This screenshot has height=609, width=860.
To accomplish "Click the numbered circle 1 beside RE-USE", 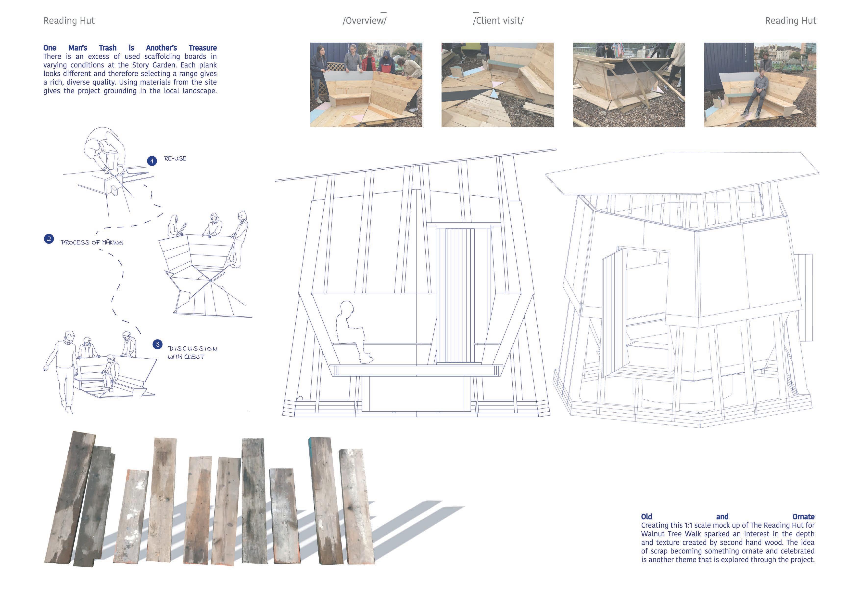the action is pyautogui.click(x=152, y=161).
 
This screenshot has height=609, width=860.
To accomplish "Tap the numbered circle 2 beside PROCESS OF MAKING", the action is pyautogui.click(x=49, y=239).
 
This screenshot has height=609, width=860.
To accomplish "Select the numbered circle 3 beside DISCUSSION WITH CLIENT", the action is pyautogui.click(x=157, y=344).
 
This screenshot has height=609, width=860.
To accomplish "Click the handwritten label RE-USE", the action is pyautogui.click(x=175, y=159).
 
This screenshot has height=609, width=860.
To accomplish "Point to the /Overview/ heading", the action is pyautogui.click(x=364, y=21).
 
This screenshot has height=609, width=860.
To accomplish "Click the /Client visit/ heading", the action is pyautogui.click(x=498, y=21).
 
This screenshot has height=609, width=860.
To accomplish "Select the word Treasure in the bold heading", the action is pyautogui.click(x=203, y=48).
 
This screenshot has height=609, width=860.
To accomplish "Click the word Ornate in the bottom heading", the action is pyautogui.click(x=803, y=517).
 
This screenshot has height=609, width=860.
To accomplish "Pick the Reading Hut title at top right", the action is pyautogui.click(x=790, y=21).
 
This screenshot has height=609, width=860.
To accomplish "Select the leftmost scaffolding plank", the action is pyautogui.click(x=69, y=499).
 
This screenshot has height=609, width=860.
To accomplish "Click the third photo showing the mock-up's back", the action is pyautogui.click(x=629, y=85).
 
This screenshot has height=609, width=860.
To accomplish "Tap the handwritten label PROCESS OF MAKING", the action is pyautogui.click(x=92, y=243).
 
